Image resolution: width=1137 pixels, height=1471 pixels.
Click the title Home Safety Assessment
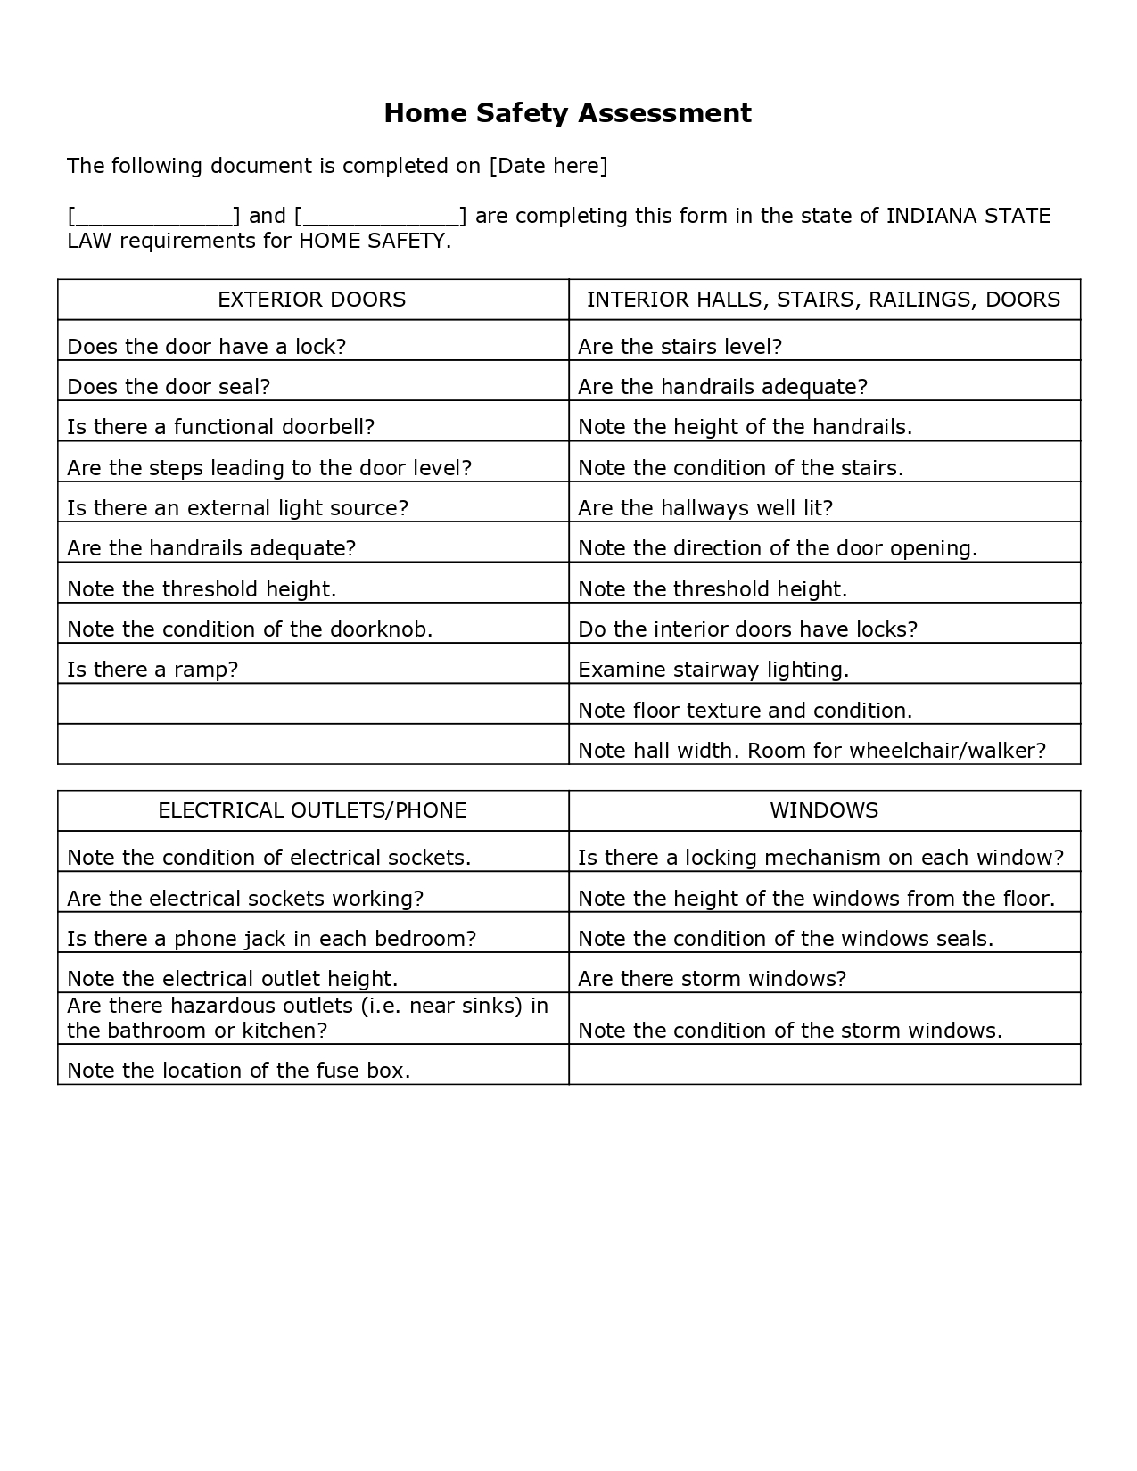click(567, 113)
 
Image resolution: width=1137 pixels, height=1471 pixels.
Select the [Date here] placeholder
click(548, 166)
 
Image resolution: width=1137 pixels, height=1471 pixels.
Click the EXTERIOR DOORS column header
click(311, 300)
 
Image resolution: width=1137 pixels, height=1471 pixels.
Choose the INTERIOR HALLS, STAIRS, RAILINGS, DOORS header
click(823, 300)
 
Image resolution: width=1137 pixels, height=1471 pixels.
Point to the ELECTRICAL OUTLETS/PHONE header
click(312, 810)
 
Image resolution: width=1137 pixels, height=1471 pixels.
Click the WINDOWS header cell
click(824, 810)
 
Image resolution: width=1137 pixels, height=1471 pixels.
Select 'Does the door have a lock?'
click(206, 347)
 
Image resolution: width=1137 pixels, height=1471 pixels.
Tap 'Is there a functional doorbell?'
click(220, 427)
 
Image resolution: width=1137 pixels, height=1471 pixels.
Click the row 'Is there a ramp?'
click(152, 670)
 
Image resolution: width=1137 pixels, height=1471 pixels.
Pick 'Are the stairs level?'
click(680, 347)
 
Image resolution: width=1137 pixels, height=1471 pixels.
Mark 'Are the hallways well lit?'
click(704, 508)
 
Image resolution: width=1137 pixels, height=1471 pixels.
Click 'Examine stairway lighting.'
click(713, 670)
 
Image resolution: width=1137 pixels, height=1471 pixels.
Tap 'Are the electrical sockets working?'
click(245, 899)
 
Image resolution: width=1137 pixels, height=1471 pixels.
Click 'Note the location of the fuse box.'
click(238, 1071)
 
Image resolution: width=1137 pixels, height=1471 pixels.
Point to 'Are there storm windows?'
click(712, 979)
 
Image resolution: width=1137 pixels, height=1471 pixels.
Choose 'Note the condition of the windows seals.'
click(785, 939)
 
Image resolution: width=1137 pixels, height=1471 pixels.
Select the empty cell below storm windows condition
click(824, 1064)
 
